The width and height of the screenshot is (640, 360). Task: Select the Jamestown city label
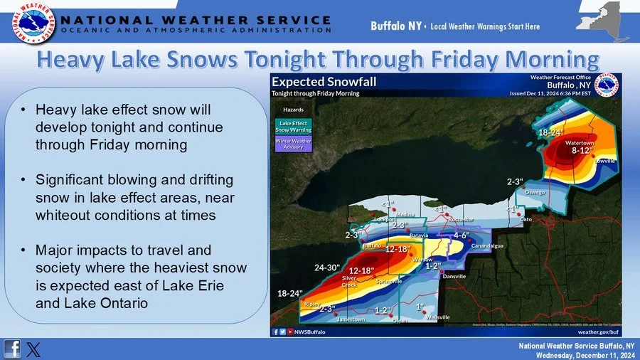tap(351, 319)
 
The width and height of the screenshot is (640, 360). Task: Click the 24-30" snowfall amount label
tap(328, 268)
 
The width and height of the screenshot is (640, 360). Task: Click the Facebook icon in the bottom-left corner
tap(12, 349)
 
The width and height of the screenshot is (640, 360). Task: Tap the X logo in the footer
tap(33, 349)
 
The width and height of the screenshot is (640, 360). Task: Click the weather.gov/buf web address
tap(597, 332)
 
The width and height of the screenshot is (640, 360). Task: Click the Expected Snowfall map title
tap(324, 82)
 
